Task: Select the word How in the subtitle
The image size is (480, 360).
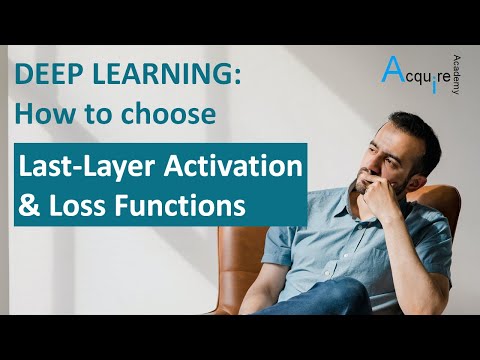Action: pyautogui.click(x=39, y=114)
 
